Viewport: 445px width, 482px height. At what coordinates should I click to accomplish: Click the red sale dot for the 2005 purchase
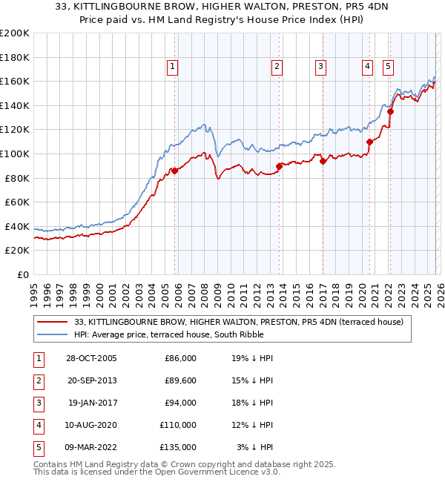click(x=175, y=171)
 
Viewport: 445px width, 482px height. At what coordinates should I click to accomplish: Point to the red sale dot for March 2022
click(x=389, y=112)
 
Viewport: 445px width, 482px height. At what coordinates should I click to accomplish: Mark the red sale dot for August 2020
click(x=369, y=142)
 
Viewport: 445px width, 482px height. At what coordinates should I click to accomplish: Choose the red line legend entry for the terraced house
click(x=238, y=322)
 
